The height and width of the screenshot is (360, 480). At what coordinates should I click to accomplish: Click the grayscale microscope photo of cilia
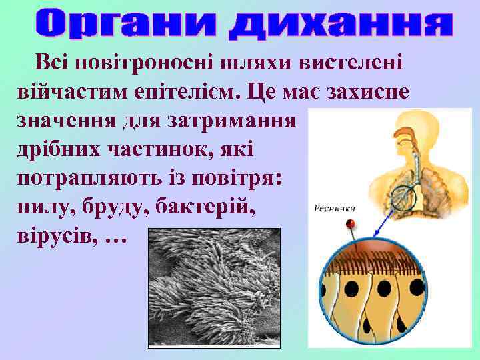214,287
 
